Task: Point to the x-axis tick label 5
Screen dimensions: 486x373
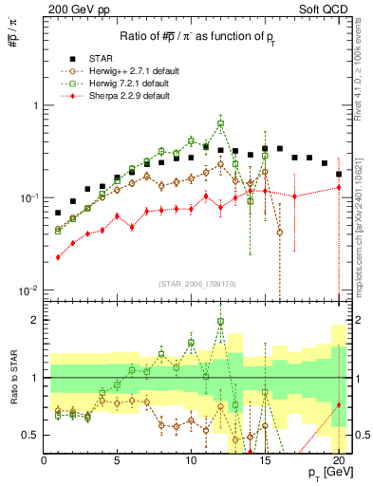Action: tap(117, 460)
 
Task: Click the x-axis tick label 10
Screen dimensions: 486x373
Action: tap(191, 460)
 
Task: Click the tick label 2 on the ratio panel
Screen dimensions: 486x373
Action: tap(34, 320)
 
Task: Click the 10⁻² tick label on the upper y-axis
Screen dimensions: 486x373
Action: tap(27, 290)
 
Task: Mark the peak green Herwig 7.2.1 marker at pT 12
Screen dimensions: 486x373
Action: tap(220, 123)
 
